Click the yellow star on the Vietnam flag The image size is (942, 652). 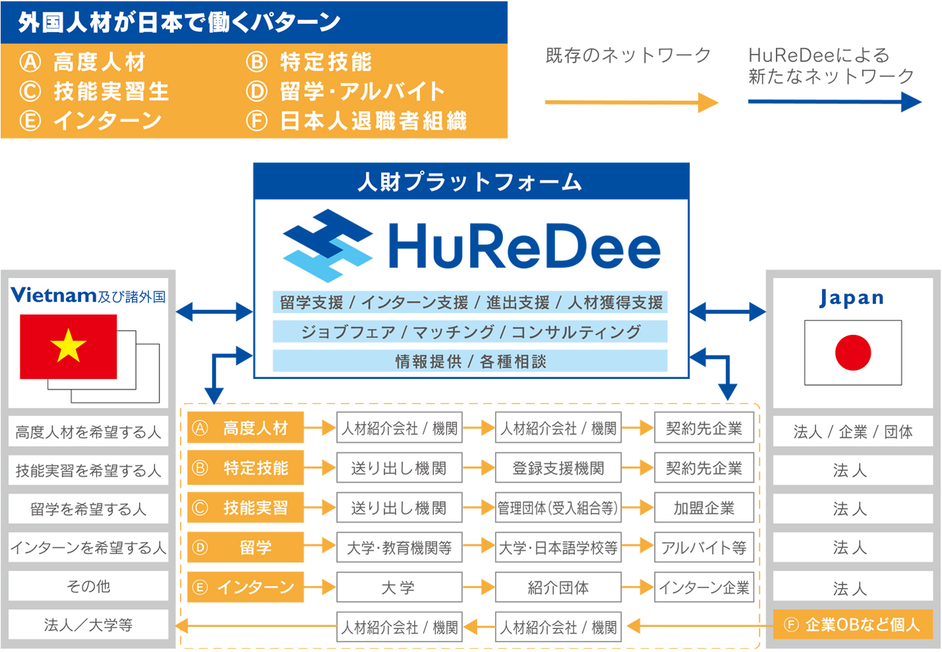pyautogui.click(x=69, y=346)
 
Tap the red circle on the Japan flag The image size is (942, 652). pyautogui.click(x=853, y=352)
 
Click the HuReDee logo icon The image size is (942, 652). pyautogui.click(x=328, y=245)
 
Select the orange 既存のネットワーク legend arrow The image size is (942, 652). pyautogui.click(x=631, y=102)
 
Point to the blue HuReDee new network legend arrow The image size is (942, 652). pyautogui.click(x=834, y=102)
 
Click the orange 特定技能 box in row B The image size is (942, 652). pyautogui.click(x=246, y=468)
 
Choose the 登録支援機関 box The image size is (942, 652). pyautogui.click(x=558, y=468)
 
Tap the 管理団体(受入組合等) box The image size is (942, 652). pyautogui.click(x=558, y=508)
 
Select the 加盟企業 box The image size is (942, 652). pyautogui.click(x=704, y=508)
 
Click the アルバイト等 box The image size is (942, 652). pyautogui.click(x=704, y=547)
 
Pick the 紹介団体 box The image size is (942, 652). pyautogui.click(x=558, y=587)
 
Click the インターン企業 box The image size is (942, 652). pyautogui.click(x=704, y=587)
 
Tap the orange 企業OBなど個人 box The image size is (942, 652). pyautogui.click(x=853, y=624)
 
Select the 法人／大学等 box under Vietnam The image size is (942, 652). pyautogui.click(x=88, y=624)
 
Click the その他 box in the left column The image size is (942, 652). pyautogui.click(x=88, y=586)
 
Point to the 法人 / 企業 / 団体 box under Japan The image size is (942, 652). pyautogui.click(x=853, y=432)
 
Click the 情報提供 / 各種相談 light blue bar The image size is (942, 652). pyautogui.click(x=470, y=361)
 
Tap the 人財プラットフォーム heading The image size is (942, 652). pyautogui.click(x=471, y=182)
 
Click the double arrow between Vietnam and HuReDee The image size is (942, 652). pyautogui.click(x=214, y=311)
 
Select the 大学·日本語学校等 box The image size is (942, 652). pyautogui.click(x=558, y=547)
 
